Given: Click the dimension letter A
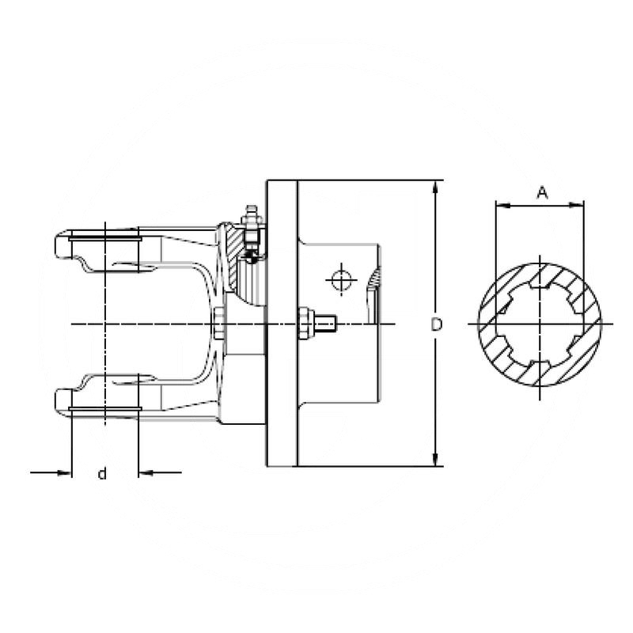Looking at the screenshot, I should tap(541, 192).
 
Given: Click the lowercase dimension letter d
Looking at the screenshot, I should tap(102, 474).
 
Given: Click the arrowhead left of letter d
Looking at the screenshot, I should tap(65, 473).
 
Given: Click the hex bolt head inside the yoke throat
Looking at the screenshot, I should tap(218, 324).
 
